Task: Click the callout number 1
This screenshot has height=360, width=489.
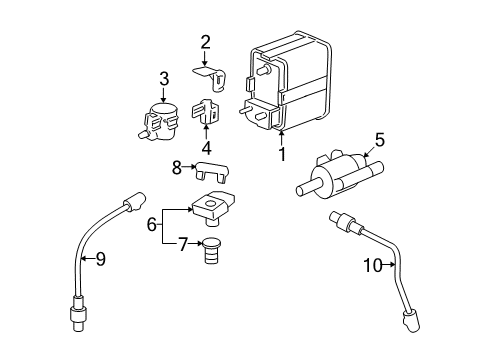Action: (282, 155)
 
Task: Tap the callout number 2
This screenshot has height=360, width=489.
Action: (205, 42)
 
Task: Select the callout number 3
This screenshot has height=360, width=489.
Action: (164, 78)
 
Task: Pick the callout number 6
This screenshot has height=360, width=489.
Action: (153, 226)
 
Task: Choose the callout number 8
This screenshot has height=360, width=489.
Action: (177, 168)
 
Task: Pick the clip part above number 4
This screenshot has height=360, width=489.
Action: (207, 112)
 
